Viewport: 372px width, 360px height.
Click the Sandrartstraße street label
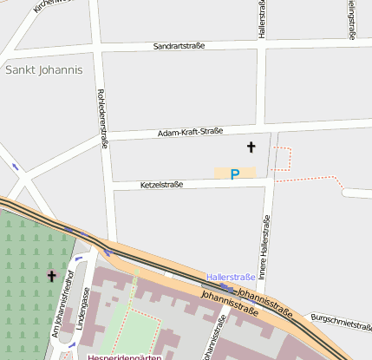click(178, 45)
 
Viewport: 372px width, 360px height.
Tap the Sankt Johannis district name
click(42, 69)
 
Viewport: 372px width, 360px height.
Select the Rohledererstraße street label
click(102, 119)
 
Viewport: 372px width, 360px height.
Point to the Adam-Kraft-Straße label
click(190, 132)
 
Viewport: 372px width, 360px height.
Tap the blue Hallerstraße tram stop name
click(230, 277)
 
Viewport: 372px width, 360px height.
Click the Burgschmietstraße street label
click(341, 322)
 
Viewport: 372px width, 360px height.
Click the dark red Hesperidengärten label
click(125, 356)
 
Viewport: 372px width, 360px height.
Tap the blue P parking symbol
click(234, 174)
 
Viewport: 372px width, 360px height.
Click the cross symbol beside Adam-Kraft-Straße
click(251, 147)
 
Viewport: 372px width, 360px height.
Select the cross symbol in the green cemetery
click(51, 277)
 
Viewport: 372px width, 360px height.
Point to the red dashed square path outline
click(283, 157)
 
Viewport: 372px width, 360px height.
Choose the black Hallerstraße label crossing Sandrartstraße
click(261, 19)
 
